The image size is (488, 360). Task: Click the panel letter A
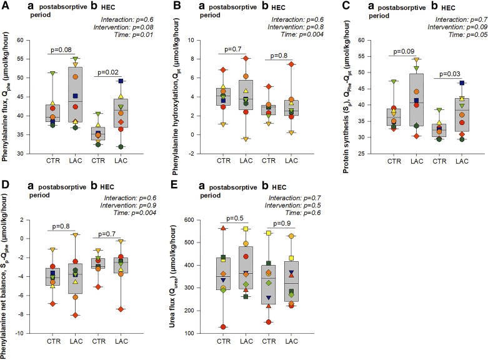(5, 6)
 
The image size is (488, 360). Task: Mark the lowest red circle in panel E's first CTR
(222, 326)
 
